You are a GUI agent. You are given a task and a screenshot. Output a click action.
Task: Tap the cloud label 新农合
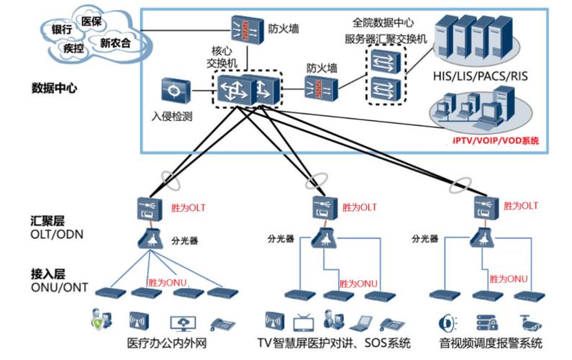coord(115,42)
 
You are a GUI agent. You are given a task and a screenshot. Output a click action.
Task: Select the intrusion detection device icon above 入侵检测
coord(175,91)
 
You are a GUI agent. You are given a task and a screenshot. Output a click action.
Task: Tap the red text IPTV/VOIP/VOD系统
coord(495,140)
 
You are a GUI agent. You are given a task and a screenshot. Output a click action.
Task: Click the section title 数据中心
coord(55,89)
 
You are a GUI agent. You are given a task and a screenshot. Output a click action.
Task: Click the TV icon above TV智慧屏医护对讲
coord(302,320)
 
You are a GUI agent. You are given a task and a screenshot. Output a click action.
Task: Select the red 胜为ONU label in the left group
coord(167,282)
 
